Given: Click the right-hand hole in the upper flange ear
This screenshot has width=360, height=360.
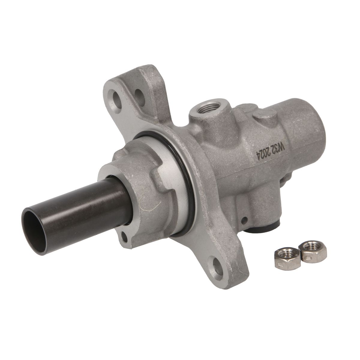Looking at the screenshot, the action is point(140,94).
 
